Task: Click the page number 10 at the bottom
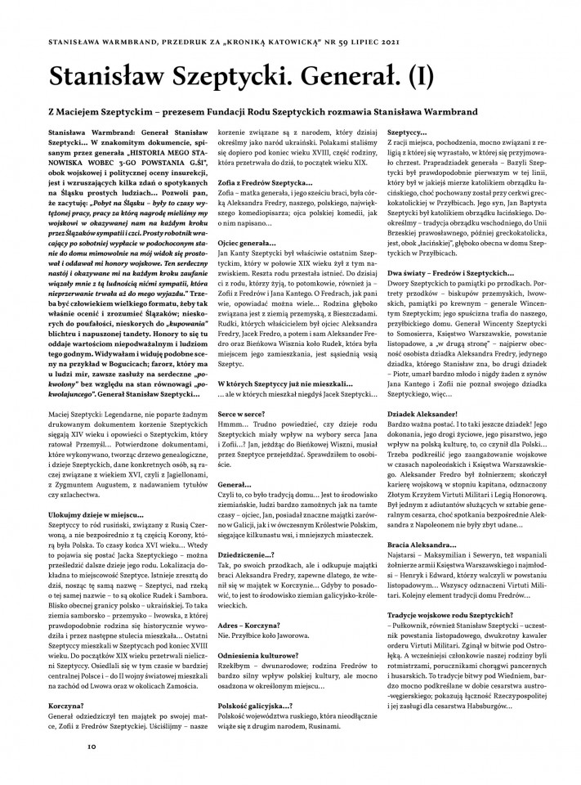[x=92, y=746]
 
